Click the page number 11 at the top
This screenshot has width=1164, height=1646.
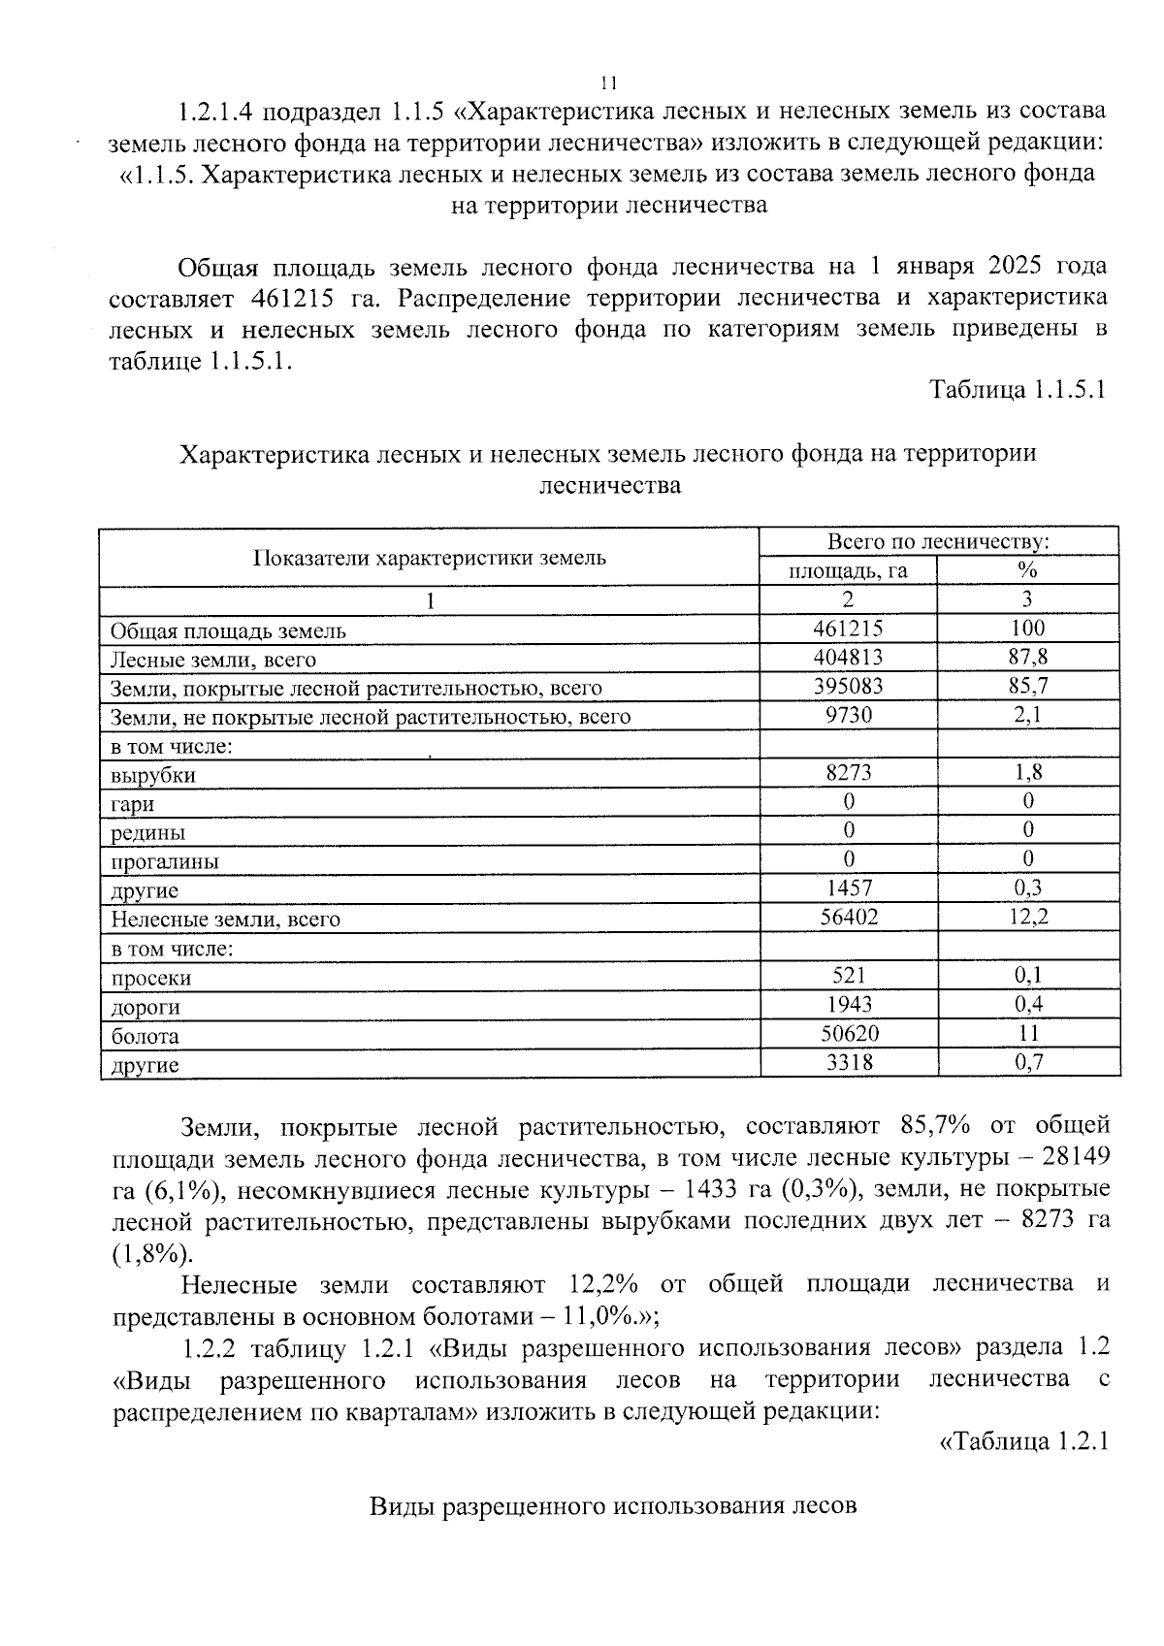(x=609, y=81)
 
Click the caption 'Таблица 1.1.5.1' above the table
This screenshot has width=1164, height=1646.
(x=1018, y=390)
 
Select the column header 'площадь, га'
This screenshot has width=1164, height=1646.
(x=847, y=570)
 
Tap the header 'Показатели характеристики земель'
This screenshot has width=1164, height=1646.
(x=429, y=557)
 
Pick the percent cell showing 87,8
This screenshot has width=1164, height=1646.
(x=1027, y=657)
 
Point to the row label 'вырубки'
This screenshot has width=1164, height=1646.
(x=152, y=775)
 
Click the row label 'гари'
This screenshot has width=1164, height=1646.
(x=132, y=804)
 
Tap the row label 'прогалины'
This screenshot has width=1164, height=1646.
(x=164, y=861)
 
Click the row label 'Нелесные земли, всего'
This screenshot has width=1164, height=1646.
(x=225, y=919)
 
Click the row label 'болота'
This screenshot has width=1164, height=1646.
(x=145, y=1036)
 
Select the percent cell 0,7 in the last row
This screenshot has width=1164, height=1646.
(x=1028, y=1062)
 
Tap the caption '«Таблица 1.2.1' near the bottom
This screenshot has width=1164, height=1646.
(x=1024, y=1441)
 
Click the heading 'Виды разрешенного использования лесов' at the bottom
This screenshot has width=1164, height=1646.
(x=612, y=1506)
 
